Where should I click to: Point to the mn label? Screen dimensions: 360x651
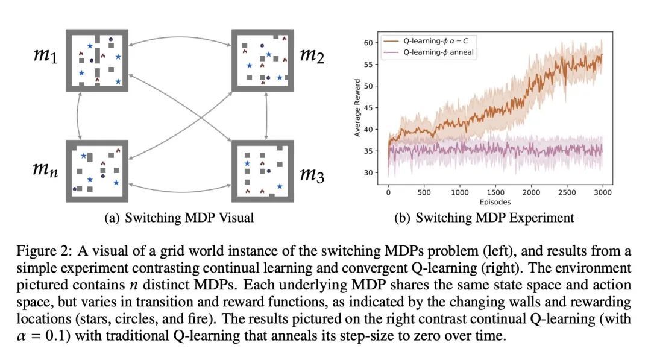click(x=45, y=169)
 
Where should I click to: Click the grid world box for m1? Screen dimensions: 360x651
click(x=97, y=60)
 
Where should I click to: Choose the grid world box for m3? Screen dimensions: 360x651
click(x=262, y=171)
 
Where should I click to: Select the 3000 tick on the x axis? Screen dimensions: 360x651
click(x=603, y=192)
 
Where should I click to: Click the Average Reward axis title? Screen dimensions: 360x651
click(x=357, y=109)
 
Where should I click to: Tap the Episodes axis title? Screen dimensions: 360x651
click(x=495, y=202)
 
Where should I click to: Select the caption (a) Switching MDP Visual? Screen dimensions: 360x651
click(x=179, y=218)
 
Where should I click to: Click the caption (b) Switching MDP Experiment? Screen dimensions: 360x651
click(x=485, y=218)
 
